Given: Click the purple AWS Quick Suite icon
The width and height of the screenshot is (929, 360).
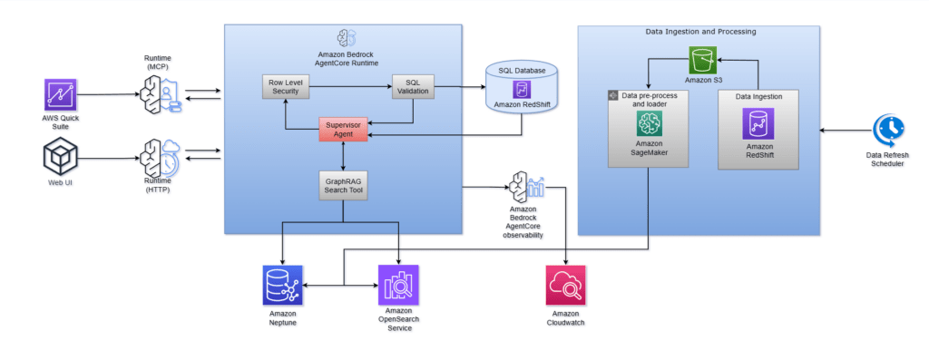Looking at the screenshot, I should [61, 94].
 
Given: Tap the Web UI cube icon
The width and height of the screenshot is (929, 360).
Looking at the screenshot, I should [61, 159].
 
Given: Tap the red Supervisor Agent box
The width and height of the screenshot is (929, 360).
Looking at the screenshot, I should [343, 129].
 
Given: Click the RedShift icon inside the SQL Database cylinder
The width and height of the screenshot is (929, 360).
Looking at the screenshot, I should [522, 90].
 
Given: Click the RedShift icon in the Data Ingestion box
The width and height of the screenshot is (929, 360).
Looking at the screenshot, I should [758, 123].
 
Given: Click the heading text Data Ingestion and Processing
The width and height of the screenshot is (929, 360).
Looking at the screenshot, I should [699, 32].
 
